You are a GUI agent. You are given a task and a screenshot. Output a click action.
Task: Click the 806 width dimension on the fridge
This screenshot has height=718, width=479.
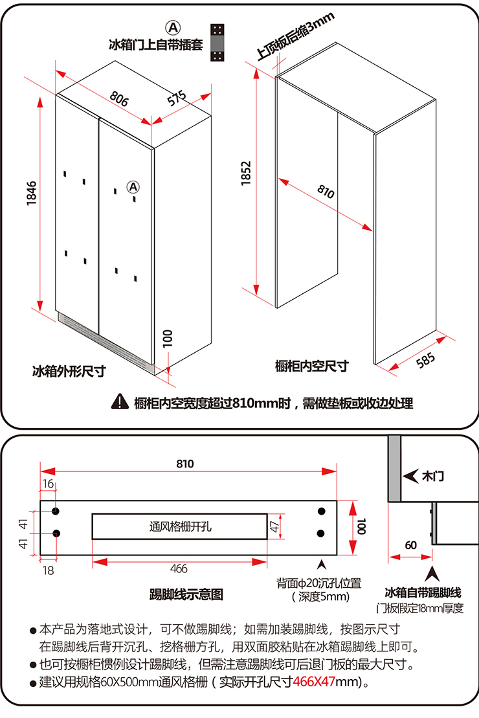coord(119,98)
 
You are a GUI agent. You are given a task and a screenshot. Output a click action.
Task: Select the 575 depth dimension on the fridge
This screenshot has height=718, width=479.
coord(176,98)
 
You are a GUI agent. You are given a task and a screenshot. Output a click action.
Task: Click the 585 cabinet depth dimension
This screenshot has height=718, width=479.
coord(425,361)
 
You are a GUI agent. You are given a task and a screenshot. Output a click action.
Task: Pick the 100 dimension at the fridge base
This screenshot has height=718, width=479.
coord(167,338)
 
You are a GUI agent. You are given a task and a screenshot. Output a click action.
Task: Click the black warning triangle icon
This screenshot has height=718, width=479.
coord(120,402)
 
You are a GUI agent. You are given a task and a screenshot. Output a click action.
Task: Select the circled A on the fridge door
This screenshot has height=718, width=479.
coord(132,186)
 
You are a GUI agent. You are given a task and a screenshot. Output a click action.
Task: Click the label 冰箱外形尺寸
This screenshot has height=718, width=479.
coord(69,372)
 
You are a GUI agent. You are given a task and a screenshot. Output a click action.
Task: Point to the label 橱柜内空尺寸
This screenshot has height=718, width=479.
coord(311,366)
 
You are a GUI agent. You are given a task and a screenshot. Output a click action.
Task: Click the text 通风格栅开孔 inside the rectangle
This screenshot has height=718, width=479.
coord(180,526)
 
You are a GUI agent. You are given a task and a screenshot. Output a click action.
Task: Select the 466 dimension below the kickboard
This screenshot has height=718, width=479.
coord(179,568)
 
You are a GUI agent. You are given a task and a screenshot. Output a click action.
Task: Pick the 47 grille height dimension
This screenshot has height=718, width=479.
coord(274,526)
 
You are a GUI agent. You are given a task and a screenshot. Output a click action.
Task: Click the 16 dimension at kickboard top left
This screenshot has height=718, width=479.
coord(49,484)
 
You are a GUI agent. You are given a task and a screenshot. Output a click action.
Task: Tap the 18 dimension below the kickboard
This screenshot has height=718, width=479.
coord(49,570)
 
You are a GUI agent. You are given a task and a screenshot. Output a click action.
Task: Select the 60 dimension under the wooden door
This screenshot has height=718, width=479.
coord(410,544)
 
